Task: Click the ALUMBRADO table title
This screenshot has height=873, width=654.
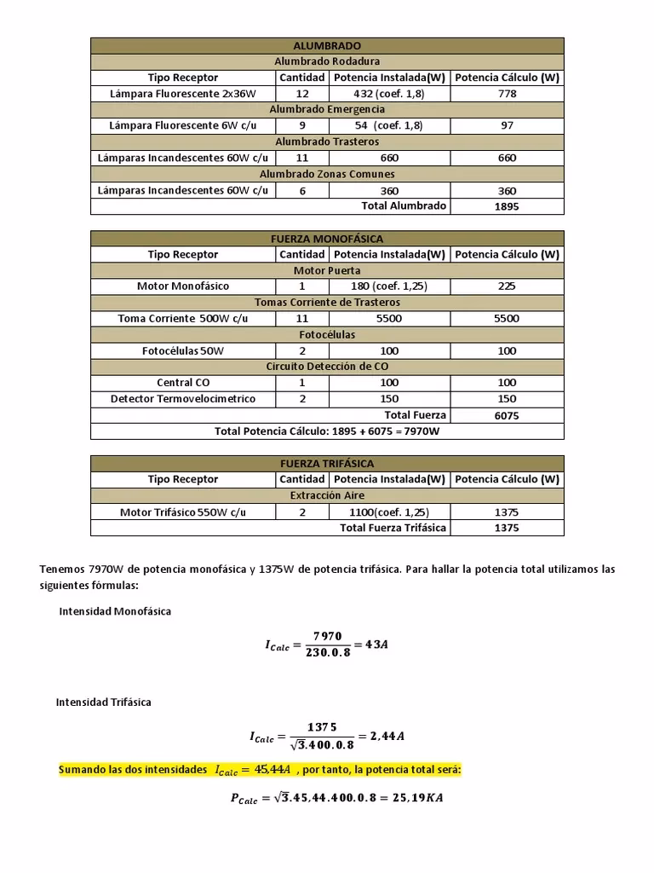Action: pyautogui.click(x=327, y=45)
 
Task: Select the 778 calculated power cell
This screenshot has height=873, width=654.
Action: pyautogui.click(x=507, y=94)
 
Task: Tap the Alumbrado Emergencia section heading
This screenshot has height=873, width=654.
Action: pyautogui.click(x=327, y=109)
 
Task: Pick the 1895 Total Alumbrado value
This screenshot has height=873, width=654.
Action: pyautogui.click(x=507, y=206)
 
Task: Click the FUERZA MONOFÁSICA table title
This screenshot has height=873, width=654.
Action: pyautogui.click(x=327, y=239)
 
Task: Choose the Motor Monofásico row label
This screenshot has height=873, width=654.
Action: pyautogui.click(x=183, y=286)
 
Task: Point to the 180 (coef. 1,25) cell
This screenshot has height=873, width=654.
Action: pyautogui.click(x=389, y=286)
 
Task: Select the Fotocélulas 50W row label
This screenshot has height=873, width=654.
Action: pyautogui.click(x=183, y=350)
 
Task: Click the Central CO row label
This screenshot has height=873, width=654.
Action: pyautogui.click(x=183, y=383)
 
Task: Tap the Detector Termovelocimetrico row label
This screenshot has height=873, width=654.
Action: pyautogui.click(x=183, y=399)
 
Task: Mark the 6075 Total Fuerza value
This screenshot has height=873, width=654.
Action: pyautogui.click(x=507, y=416)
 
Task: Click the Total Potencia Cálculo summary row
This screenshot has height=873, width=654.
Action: pyautogui.click(x=327, y=431)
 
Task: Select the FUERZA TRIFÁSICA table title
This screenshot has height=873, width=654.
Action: pyautogui.click(x=327, y=463)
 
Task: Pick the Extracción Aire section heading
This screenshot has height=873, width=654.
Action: pyautogui.click(x=327, y=495)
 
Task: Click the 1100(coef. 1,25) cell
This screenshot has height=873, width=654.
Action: pyautogui.click(x=389, y=512)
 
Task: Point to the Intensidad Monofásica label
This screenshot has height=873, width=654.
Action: pyautogui.click(x=115, y=612)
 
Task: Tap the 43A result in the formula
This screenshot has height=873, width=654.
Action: pyautogui.click(x=376, y=645)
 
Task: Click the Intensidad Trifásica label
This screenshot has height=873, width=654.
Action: pyautogui.click(x=104, y=702)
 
